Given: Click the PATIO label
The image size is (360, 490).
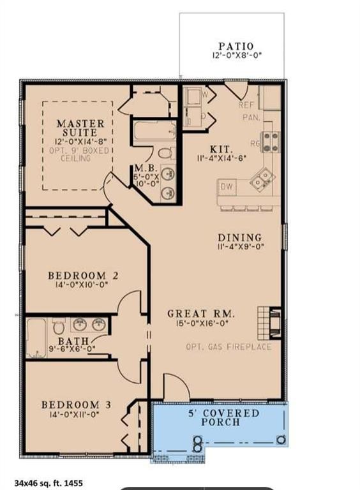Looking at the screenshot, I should pyautogui.click(x=236, y=47).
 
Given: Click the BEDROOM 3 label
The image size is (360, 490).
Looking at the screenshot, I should pyautogui.click(x=71, y=405).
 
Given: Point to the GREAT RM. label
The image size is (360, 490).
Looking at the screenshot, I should pyautogui.click(x=202, y=314).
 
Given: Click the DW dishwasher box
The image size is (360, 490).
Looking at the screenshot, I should pyautogui.click(x=226, y=187).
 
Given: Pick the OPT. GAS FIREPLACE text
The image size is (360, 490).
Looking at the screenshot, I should pyautogui.click(x=229, y=347).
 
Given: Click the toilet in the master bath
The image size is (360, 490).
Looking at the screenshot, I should pyautogui.click(x=165, y=153).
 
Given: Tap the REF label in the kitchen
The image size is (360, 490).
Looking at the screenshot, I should pyautogui.click(x=246, y=105).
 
